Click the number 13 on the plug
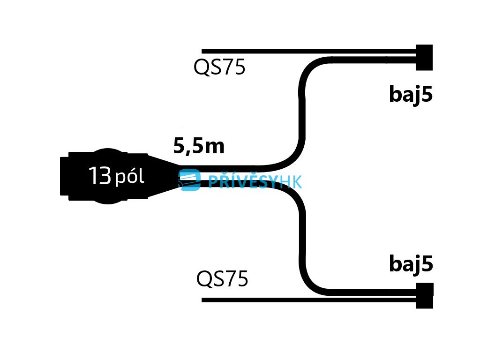point(99,176)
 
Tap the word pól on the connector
point(129,177)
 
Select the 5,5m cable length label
point(199,147)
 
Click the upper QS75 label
point(219,68)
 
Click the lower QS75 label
point(222,280)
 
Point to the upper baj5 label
point(411,95)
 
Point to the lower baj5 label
point(411,265)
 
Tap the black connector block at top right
point(424,57)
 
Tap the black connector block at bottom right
point(424,295)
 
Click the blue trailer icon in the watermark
point(189,180)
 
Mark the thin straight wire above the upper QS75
point(305,51)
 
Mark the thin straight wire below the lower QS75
point(305,300)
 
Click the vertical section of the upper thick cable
point(302,112)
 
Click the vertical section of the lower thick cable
point(302,239)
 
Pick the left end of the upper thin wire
point(204,51)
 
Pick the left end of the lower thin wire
point(204,300)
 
